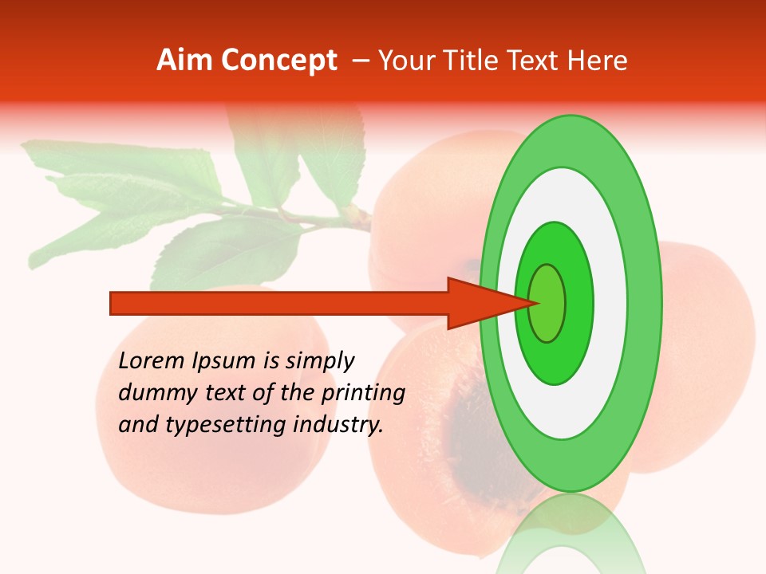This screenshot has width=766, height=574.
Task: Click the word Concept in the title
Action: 280,61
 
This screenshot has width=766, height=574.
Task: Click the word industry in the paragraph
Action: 338,425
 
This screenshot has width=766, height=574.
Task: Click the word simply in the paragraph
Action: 320,361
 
